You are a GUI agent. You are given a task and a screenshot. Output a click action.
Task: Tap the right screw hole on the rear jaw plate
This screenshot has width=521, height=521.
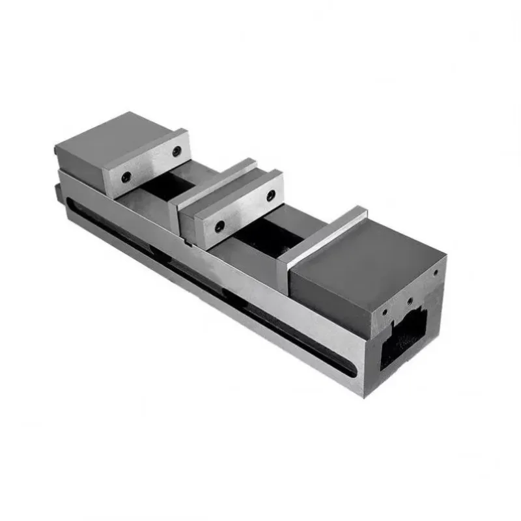tap(176, 151)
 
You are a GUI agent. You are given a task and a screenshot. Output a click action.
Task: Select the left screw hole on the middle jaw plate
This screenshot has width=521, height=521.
tap(220, 225)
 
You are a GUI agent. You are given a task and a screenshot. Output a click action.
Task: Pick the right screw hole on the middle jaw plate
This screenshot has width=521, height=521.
tap(269, 193)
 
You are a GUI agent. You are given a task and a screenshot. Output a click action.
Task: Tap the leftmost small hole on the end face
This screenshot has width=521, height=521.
tap(385, 311)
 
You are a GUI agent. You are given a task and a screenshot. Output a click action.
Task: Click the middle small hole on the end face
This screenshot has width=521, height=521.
tap(409, 301)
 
